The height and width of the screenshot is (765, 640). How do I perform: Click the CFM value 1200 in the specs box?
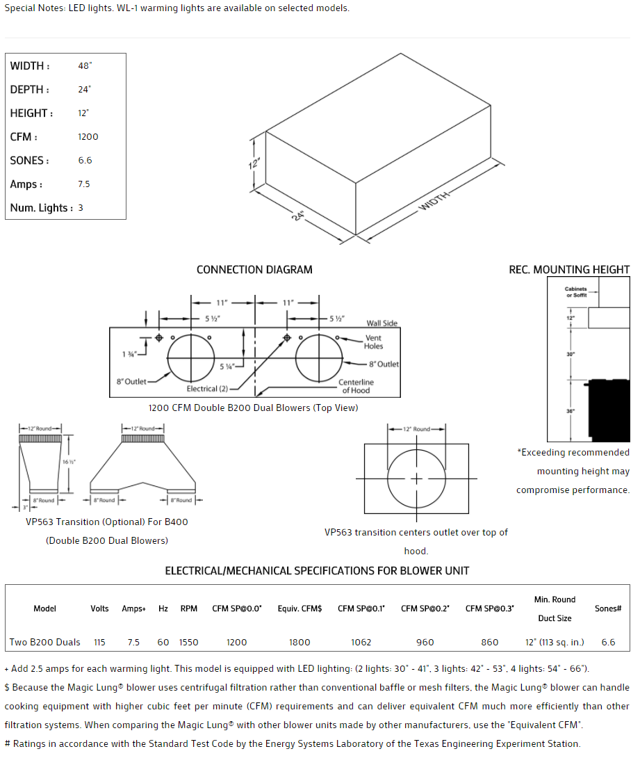coord(88,137)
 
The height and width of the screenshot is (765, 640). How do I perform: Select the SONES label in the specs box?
coord(29,161)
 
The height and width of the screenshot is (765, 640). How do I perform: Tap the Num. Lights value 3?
coord(81,208)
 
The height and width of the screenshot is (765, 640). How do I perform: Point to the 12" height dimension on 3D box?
coord(256,163)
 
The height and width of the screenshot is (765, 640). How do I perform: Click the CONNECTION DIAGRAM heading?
coord(254,270)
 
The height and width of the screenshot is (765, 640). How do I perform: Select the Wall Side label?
coord(382,323)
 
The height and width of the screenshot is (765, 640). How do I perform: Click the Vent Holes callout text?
coord(374,342)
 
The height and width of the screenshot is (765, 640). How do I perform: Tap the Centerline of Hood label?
coord(356,386)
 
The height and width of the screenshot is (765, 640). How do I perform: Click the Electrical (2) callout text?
coord(207,389)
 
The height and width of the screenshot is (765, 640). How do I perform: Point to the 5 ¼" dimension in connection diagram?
coord(226,366)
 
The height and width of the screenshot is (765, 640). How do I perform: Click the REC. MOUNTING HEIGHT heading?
coord(569,270)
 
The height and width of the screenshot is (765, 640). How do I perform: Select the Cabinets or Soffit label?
coord(575,292)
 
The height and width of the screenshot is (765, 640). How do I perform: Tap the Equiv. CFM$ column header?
coord(300,609)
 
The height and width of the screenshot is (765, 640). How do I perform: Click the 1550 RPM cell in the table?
coord(188,642)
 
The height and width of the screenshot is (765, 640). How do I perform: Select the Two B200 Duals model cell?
coord(45,642)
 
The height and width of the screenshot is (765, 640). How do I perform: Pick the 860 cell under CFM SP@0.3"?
coord(489,642)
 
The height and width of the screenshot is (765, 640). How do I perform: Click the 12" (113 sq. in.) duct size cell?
coord(555,642)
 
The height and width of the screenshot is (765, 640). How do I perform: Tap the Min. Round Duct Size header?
coord(555,609)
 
